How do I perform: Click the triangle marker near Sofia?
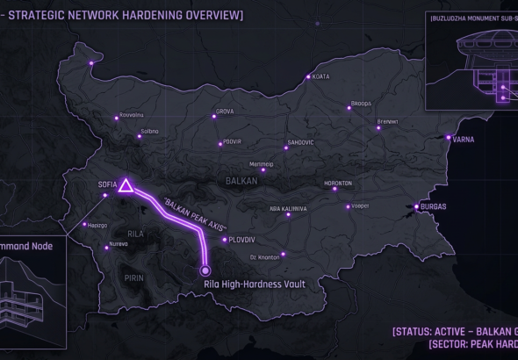tap(126, 186)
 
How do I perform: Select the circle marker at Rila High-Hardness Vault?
tap(206, 270)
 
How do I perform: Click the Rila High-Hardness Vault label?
tap(241, 283)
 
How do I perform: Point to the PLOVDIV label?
tap(241, 239)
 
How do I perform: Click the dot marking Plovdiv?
tap(225, 239)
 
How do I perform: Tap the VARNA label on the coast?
tap(464, 138)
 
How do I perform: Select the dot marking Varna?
tap(448, 138)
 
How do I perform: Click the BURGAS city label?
tap(433, 206)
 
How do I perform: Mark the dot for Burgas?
tap(417, 208)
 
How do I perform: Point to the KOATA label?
tap(321, 76)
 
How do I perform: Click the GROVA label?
tap(225, 112)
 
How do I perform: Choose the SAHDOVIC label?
tap(299, 142)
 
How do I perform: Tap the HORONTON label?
tap(337, 183)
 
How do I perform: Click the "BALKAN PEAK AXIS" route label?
tap(188, 208)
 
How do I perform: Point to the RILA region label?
tap(134, 234)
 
